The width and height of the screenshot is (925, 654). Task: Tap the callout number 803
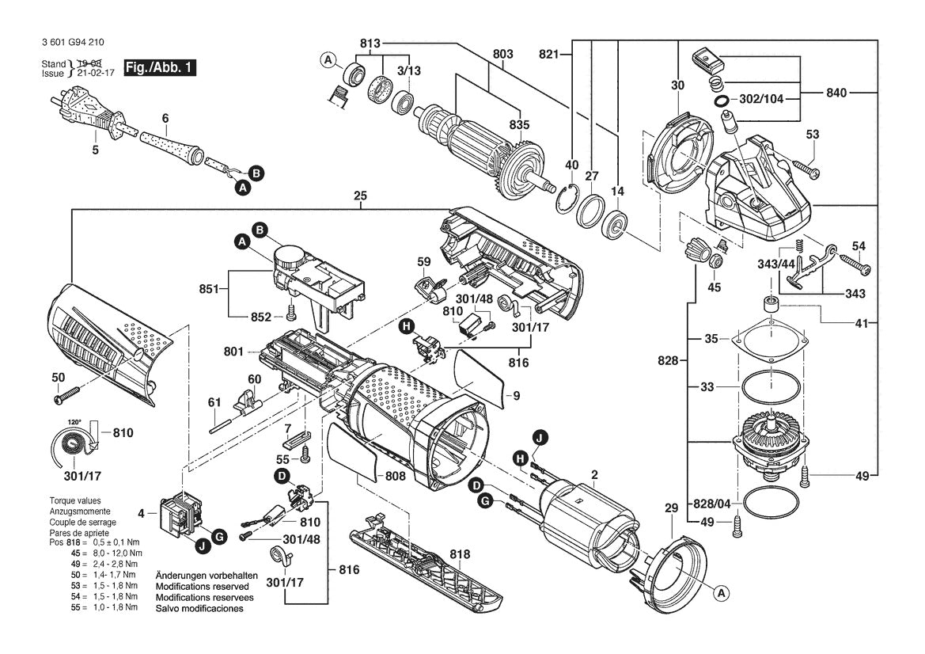tap(502, 54)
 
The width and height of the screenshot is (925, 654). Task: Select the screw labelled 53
tap(806, 167)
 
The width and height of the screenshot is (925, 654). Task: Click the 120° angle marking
tap(74, 421)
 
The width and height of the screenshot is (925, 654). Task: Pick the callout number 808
tap(396, 477)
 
